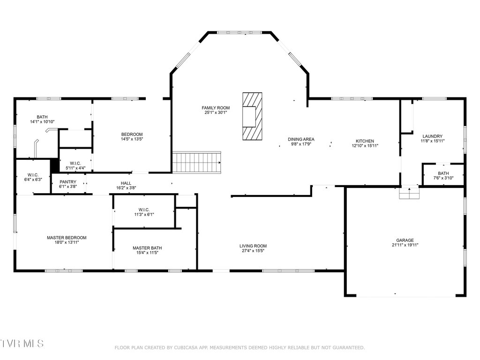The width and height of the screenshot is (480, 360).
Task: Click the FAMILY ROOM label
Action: [216, 108]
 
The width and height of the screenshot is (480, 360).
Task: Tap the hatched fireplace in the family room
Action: [252, 116]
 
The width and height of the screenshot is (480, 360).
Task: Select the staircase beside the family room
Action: [196, 162]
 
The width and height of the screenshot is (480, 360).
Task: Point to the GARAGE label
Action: [405, 240]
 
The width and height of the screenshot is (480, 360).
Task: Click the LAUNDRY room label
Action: [432, 136]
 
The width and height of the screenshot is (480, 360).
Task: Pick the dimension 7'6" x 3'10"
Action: [443, 178]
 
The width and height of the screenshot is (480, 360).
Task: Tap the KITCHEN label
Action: [365, 141]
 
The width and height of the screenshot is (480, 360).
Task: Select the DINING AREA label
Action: [301, 139]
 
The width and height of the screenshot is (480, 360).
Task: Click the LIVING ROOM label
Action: [253, 246]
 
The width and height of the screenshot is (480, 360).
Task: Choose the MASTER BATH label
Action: [147, 248]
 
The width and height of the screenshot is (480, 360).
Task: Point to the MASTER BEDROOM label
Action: [67, 238]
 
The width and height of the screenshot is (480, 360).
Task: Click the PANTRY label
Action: [68, 182]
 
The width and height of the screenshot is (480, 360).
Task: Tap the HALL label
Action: [126, 183]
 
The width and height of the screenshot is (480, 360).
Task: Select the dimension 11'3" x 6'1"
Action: [144, 215]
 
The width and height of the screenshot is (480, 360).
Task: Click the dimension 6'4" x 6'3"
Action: [33, 180]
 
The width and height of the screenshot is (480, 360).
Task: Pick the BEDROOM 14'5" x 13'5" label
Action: [132, 136]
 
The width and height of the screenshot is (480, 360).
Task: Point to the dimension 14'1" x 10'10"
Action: [42, 121]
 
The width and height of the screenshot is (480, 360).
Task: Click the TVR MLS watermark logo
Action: [22, 343]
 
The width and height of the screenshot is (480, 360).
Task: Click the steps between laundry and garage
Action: [409, 193]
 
